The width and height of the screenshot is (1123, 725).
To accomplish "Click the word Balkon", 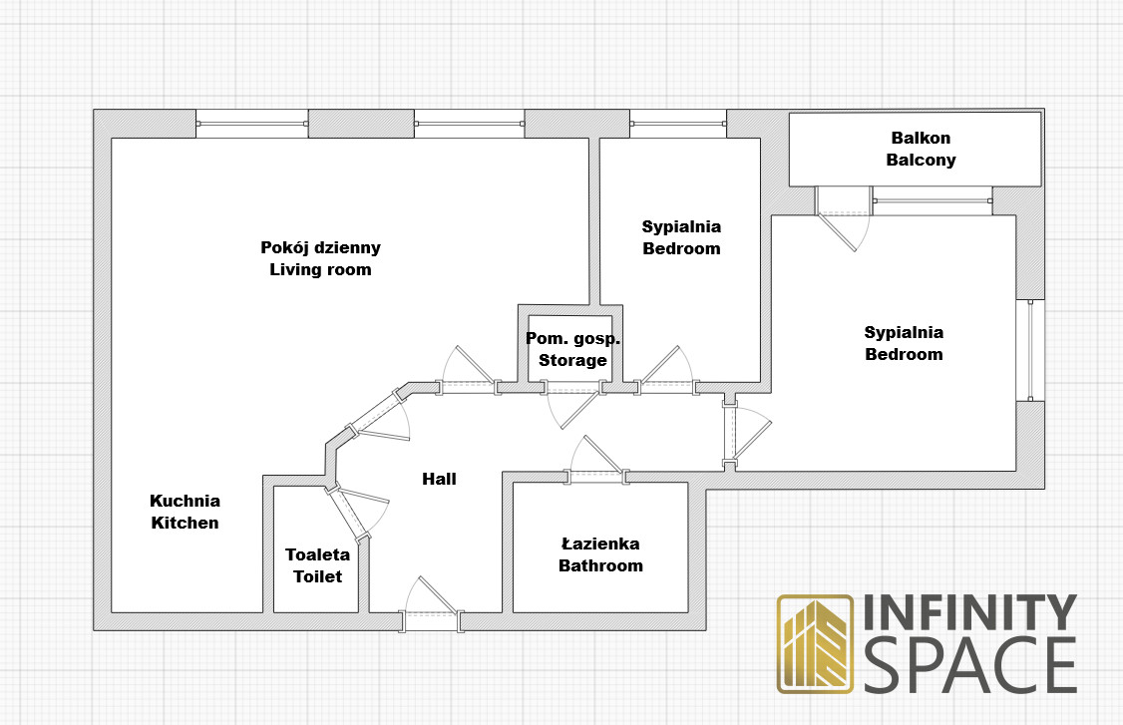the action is tap(921, 138).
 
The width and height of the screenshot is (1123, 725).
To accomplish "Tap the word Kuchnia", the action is tap(185, 501).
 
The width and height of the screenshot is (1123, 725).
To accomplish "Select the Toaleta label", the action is tap(317, 554).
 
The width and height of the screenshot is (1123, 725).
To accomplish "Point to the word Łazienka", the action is tap(600, 544).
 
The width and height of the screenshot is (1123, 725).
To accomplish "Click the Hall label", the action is tap(439, 479).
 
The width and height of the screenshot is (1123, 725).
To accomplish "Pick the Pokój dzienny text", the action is tap(320, 248).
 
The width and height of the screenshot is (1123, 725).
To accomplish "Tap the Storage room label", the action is tap(572, 360).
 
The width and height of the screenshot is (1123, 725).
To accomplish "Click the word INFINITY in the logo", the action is tap(969, 612).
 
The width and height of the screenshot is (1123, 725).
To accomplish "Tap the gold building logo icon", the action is tap(815, 644).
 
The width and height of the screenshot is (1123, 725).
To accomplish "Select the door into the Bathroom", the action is tap(595, 460).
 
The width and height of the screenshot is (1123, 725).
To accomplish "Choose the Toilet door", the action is tap(357, 510).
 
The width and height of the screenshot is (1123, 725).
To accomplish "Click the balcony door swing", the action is tap(844, 218).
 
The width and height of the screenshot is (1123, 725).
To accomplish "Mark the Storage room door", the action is tap(572, 405).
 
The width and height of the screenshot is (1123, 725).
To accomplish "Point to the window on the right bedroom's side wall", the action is tap(1030, 350).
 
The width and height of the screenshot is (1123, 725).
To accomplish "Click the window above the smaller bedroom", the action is tap(678, 124).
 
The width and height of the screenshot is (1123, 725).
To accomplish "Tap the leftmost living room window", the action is tap(252, 124).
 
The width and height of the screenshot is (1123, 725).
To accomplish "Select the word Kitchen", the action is tap(185, 523).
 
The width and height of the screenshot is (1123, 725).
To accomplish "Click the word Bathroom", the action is tap(600, 566).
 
